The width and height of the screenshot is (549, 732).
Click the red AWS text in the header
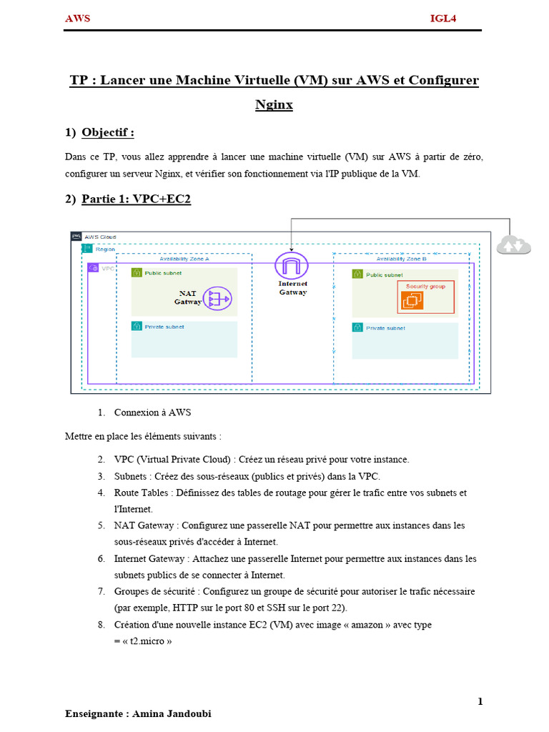77,19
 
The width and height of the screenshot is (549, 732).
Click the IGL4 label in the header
443,19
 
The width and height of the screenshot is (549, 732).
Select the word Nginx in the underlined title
274,104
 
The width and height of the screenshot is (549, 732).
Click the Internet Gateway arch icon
292,265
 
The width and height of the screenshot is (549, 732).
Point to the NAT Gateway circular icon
217,298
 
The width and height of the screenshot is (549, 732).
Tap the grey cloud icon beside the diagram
513,245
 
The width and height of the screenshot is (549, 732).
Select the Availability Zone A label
184,259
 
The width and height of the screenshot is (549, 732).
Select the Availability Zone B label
402,259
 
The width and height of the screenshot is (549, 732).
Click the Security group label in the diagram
425,286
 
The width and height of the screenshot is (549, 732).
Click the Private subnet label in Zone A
164,327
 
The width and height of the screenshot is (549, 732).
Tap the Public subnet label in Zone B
384,275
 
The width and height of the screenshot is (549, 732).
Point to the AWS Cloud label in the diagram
100,237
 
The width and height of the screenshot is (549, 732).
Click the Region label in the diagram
105,249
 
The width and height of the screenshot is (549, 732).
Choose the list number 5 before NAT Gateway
102,525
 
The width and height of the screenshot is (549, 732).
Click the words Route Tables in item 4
141,493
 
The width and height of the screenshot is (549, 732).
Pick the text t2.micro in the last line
147,641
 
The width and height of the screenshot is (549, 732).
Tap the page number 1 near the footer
480,701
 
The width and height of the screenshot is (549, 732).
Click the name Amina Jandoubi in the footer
172,714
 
